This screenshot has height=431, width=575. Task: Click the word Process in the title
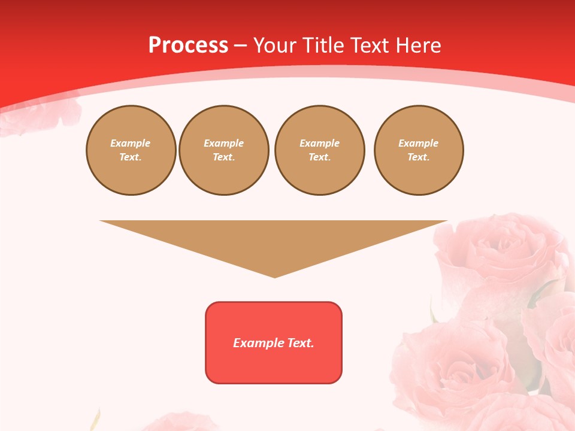coord(188,45)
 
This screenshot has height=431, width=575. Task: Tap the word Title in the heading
coord(322,45)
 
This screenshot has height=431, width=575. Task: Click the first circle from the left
coord(131,150)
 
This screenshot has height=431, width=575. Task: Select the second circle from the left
coord(223,150)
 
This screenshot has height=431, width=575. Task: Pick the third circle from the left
coord(319,150)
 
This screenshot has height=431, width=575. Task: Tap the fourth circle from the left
coord(418,150)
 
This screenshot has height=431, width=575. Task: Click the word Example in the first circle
coord(131,144)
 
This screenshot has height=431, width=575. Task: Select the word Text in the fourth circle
coord(418,157)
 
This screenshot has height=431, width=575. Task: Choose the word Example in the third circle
coord(319,144)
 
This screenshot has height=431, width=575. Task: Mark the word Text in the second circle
coord(223,157)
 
